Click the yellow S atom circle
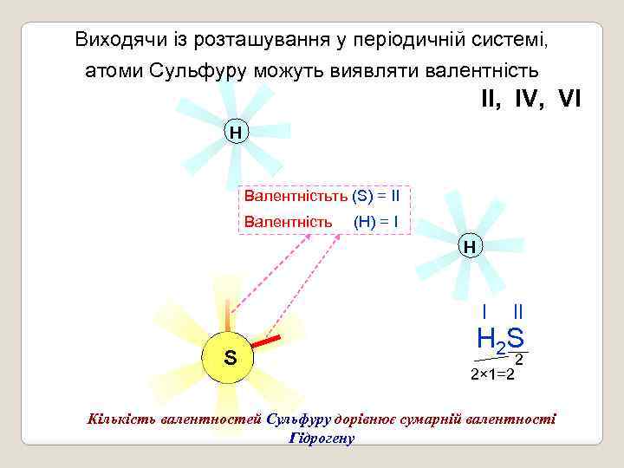230,357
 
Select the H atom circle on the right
469,247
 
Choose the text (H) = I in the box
376,222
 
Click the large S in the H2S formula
515,338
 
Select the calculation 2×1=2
492,374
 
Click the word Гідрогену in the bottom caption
321,438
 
